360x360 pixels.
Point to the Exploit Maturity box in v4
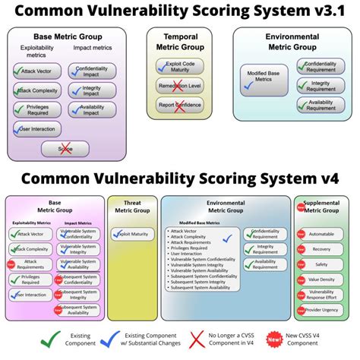(134, 235)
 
